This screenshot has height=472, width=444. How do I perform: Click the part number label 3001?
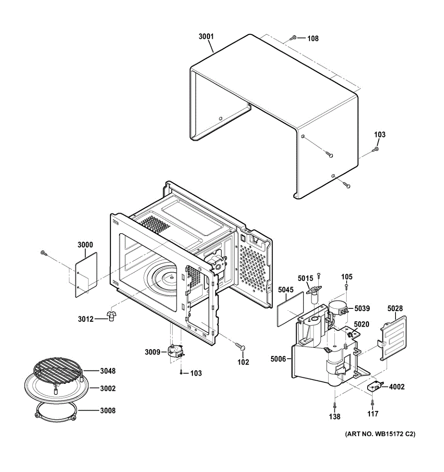[x=206, y=37]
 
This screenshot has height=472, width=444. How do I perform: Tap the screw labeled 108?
[x=293, y=38]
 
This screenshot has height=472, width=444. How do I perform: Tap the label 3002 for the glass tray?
[x=108, y=389]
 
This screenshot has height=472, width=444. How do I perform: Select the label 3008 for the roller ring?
[x=108, y=411]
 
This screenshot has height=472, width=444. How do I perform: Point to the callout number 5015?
[x=305, y=278]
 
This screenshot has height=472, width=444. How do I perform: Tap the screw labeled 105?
[x=347, y=288]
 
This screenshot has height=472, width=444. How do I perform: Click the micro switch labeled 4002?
[x=374, y=387]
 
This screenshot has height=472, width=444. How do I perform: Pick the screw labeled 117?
[x=372, y=402]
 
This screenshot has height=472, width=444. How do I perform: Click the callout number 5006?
[x=279, y=359]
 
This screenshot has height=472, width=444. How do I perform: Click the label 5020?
[x=361, y=324]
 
